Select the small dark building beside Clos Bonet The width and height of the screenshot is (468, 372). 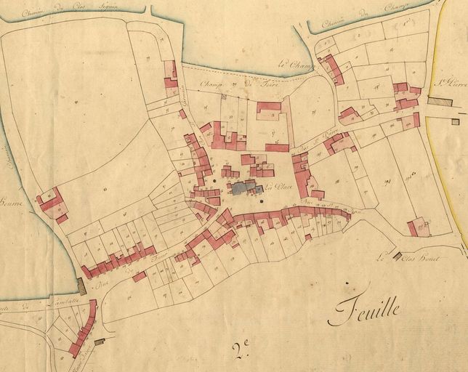click(397, 256)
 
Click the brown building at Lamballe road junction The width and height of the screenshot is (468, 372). click(81, 286)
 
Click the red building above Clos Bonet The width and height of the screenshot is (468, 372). click(416, 227)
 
